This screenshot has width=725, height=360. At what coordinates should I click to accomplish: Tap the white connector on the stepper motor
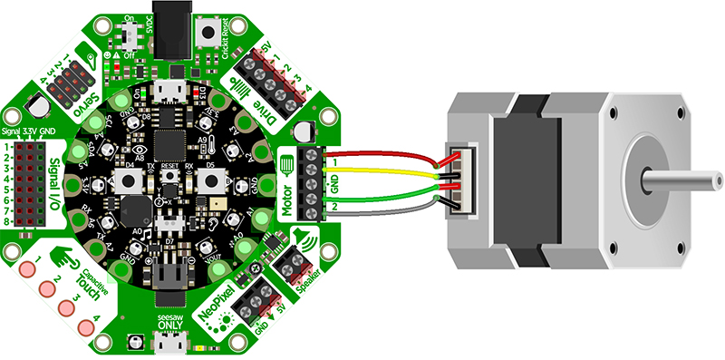tap(458, 180)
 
